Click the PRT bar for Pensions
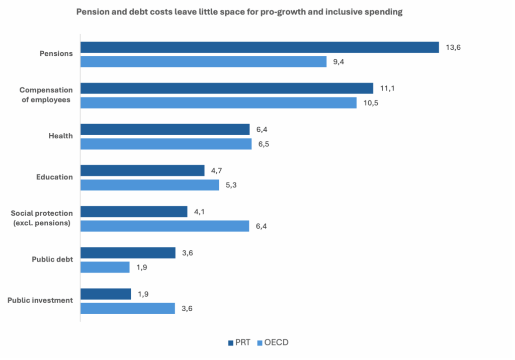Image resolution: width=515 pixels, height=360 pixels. click(x=260, y=47)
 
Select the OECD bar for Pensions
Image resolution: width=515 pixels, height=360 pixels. click(x=204, y=62)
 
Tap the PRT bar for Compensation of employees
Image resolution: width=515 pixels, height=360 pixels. click(x=227, y=88)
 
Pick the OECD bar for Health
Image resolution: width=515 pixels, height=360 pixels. click(x=166, y=144)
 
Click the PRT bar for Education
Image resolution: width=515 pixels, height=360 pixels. click(x=142, y=170)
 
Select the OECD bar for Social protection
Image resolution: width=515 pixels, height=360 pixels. click(x=164, y=226)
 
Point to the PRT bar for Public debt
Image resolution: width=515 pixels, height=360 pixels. click(x=128, y=252)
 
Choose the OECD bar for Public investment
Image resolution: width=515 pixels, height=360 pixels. click(x=128, y=308)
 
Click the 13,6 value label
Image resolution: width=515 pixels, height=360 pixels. click(x=453, y=47)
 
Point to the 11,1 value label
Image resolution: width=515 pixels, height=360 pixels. click(x=387, y=88)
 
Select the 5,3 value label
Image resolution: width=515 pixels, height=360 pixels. click(x=232, y=185)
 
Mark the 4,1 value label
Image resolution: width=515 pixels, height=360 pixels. click(x=200, y=212)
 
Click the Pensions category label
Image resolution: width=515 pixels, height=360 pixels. click(x=56, y=53)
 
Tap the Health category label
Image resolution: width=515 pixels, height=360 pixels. click(x=60, y=136)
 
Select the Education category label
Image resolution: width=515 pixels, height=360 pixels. click(x=54, y=177)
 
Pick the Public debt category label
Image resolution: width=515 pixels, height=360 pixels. click(x=52, y=259)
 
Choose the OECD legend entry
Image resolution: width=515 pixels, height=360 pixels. click(x=274, y=343)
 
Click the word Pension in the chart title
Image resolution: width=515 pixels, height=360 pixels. click(x=92, y=13)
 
